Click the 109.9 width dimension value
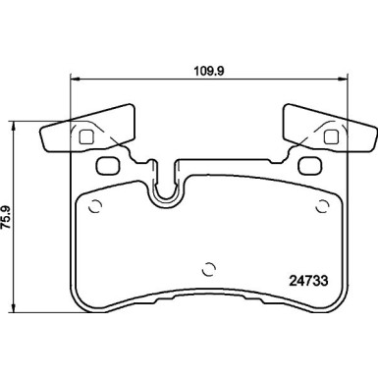pos(208,71)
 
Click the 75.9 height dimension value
pos(7,217)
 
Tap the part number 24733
pos(308,281)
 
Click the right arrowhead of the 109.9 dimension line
pos(343,79)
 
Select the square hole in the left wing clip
pos(86,136)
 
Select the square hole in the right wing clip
pos(331,136)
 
